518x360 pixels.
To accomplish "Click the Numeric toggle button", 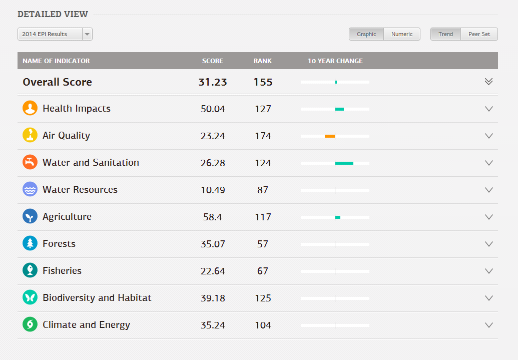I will (x=402, y=34).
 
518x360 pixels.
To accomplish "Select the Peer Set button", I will (x=479, y=34).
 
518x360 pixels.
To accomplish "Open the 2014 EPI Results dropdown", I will (x=55, y=34).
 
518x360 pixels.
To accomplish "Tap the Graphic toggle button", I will (x=366, y=34).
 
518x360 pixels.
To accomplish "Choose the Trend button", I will (x=445, y=34).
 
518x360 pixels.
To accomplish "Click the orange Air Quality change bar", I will (x=330, y=136).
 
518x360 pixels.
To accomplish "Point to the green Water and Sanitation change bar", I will (x=344, y=163).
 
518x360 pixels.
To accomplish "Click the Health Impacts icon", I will (x=30, y=108).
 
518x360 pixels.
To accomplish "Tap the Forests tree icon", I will (x=30, y=243).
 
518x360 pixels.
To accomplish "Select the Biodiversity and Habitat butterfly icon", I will (x=30, y=297).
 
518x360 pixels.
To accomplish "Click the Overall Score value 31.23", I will (x=213, y=82).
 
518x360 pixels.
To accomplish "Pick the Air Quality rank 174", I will (x=263, y=136).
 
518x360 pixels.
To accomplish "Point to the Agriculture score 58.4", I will (x=213, y=217).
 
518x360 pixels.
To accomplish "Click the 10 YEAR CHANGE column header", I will (x=335, y=61).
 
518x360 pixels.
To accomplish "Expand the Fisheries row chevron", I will (x=489, y=271).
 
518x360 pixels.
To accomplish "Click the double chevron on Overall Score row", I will (x=489, y=82).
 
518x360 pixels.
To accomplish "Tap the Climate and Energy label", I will (x=86, y=324).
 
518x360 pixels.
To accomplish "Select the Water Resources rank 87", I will (x=263, y=190).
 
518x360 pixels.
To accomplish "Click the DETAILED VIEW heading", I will (x=53, y=14).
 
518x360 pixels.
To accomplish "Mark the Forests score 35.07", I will (x=213, y=244).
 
